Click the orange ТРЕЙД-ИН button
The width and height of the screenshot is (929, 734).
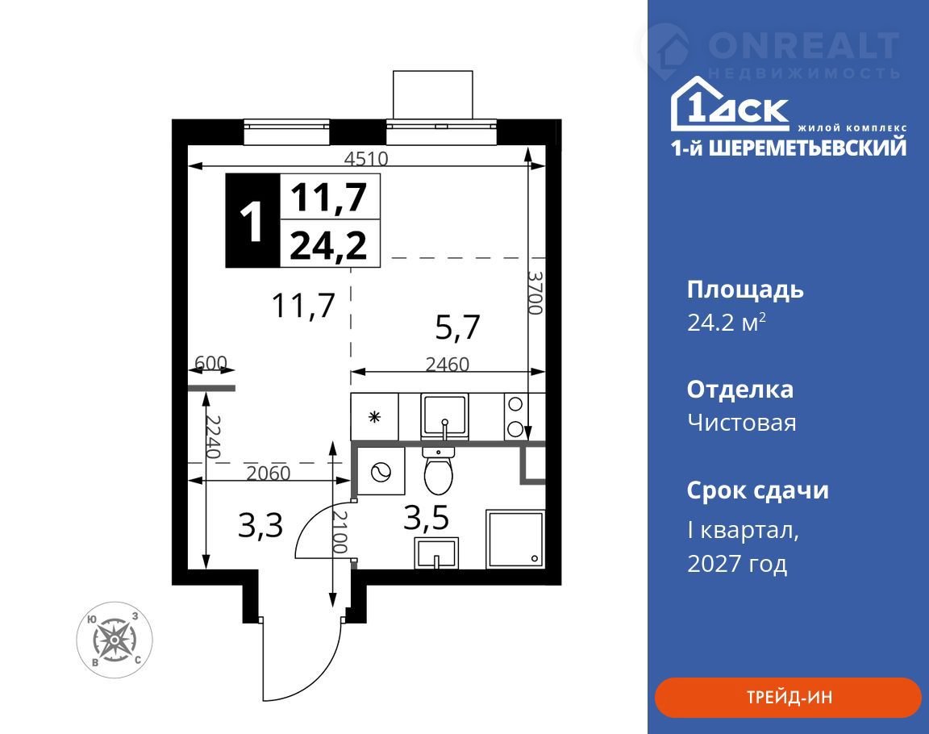point(788,697)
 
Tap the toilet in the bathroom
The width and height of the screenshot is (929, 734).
point(439,470)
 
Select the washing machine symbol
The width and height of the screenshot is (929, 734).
point(381,472)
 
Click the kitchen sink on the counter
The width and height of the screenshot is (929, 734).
point(444,416)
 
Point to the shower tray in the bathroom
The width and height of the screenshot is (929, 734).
point(514,539)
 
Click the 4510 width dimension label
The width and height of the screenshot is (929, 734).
point(366,158)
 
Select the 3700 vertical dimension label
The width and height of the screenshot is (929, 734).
point(535,293)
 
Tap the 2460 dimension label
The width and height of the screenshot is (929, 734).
point(448,364)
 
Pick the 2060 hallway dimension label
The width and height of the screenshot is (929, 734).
point(269,473)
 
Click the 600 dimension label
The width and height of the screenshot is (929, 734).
point(211,362)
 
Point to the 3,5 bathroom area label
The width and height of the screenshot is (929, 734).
point(427,518)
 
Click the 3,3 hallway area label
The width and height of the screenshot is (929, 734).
point(260,525)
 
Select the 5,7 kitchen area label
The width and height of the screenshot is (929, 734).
point(457,327)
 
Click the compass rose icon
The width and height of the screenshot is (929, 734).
point(115,640)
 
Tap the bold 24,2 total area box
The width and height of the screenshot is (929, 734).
point(329,244)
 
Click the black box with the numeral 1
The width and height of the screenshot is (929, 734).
point(253,220)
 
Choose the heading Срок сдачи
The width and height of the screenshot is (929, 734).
point(758,490)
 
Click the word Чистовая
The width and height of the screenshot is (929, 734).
point(742,423)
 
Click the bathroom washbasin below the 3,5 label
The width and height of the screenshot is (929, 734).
point(436,553)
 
